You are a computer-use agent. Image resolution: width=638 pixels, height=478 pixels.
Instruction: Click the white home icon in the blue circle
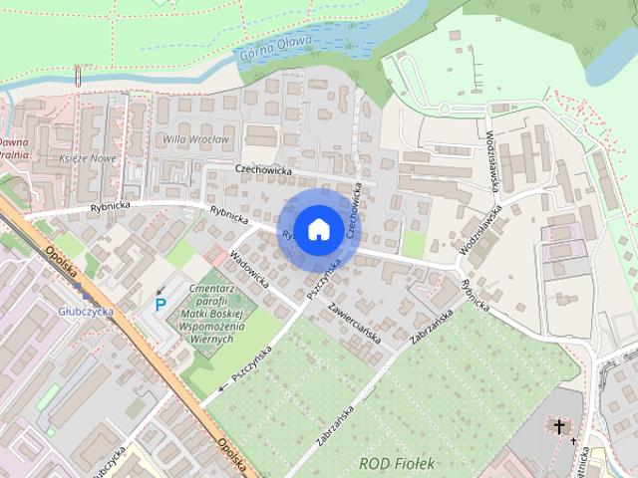(x=318, y=229)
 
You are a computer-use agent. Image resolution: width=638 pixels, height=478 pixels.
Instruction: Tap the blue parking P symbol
(x=160, y=305)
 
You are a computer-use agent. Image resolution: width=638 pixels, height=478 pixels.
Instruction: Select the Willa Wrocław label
(x=196, y=139)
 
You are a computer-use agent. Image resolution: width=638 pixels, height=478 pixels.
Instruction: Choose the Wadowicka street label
(x=249, y=268)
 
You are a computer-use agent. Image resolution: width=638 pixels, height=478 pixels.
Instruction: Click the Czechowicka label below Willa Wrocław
(x=263, y=169)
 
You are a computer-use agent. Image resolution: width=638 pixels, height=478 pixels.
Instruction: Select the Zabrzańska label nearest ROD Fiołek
(x=337, y=425)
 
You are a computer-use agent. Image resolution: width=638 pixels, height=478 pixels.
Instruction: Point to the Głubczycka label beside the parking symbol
(x=86, y=311)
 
